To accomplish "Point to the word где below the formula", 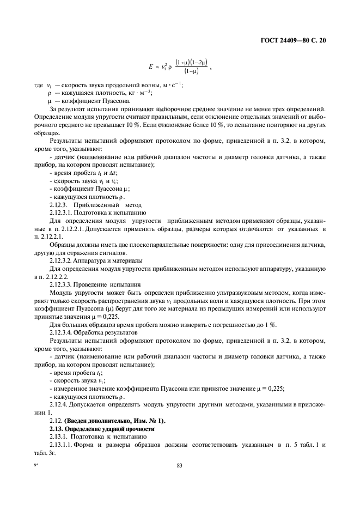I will [x=39, y=86].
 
